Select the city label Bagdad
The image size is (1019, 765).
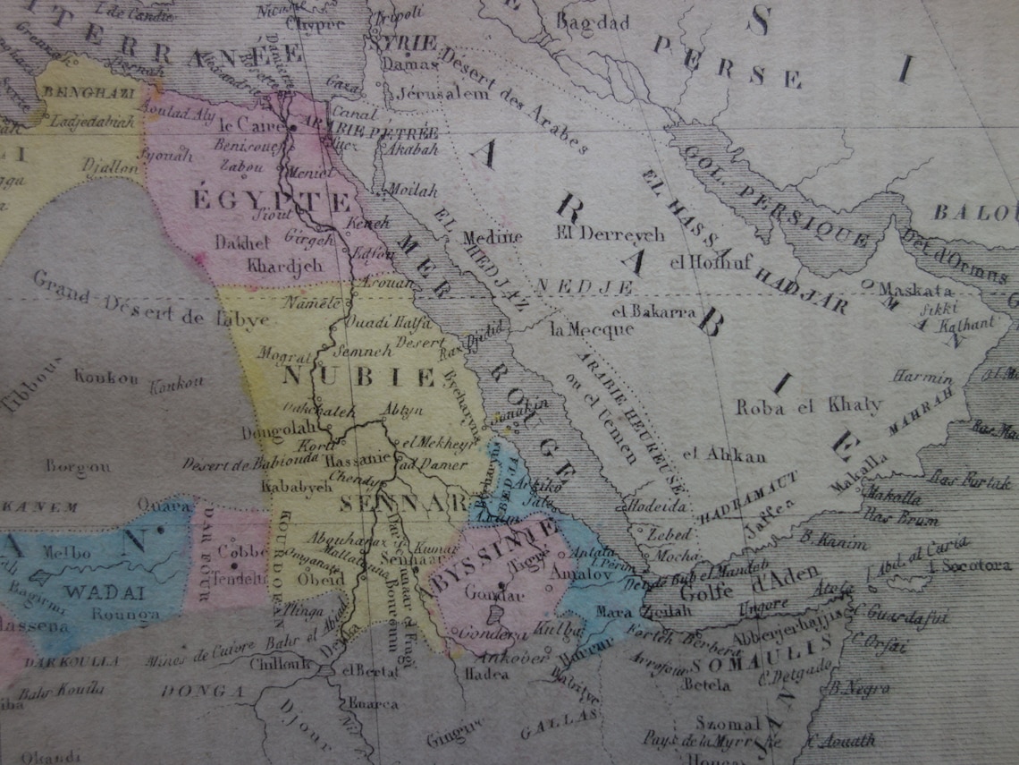click(594, 22)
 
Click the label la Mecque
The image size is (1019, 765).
click(592, 329)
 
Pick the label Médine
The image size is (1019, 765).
click(492, 237)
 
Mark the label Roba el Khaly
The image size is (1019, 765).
click(808, 406)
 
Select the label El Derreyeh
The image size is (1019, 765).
click(611, 234)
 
